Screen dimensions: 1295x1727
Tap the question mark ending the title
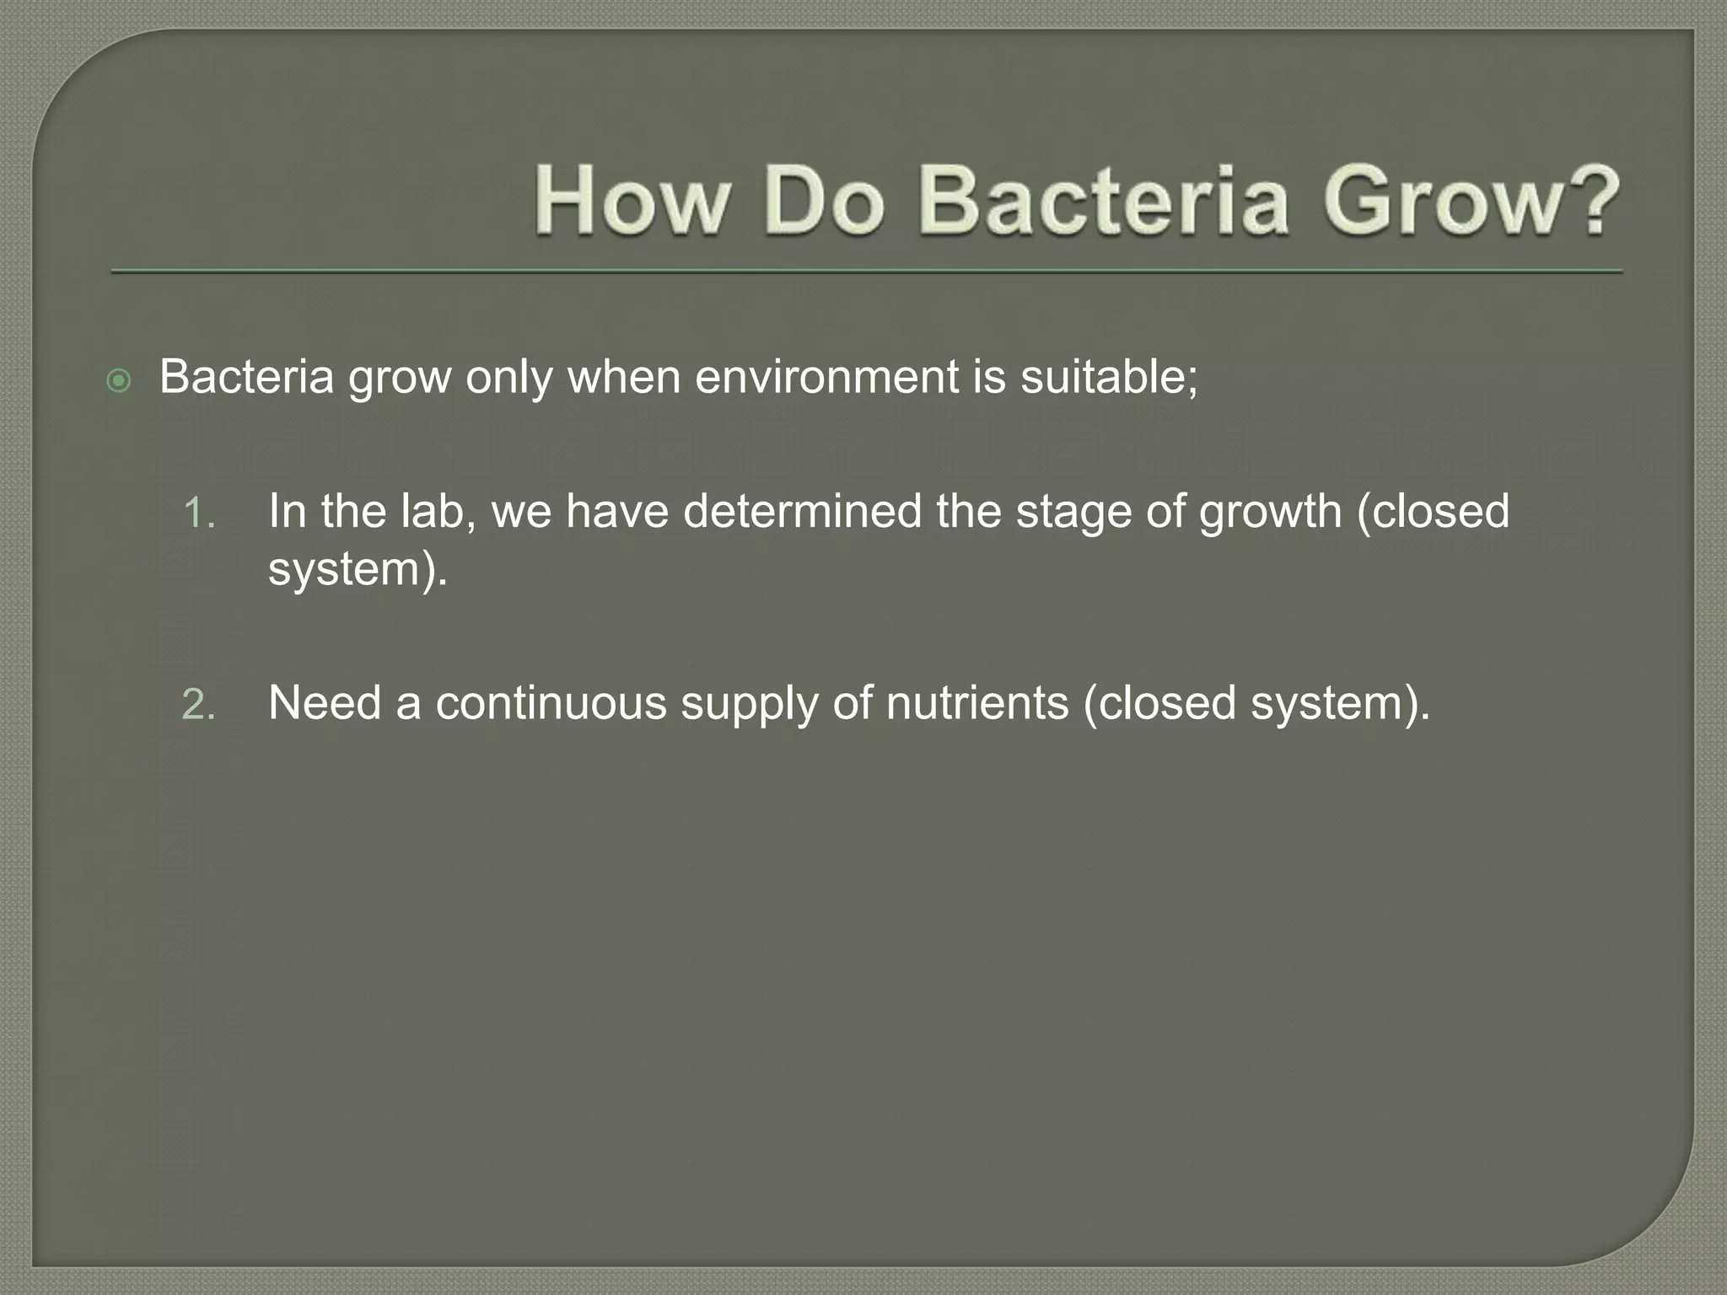pyautogui.click(x=1589, y=201)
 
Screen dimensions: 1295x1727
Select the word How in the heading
pyautogui.click(x=632, y=201)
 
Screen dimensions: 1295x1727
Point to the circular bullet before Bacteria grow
pyautogui.click(x=120, y=381)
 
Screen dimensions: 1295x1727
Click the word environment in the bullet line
pyautogui.click(x=826, y=376)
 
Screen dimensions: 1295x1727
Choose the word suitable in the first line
pyautogui.click(x=1108, y=376)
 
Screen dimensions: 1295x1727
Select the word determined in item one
pyautogui.click(x=802, y=511)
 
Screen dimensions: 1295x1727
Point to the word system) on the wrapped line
pyautogui.click(x=357, y=570)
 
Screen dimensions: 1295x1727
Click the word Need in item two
pyautogui.click(x=325, y=702)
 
